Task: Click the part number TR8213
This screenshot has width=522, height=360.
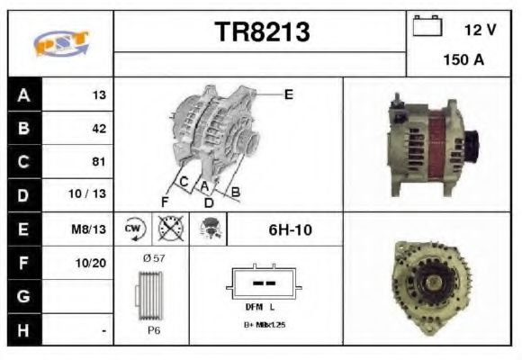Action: click(x=262, y=32)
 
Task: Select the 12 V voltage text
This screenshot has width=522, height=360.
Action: click(x=480, y=30)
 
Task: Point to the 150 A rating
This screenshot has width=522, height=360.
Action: click(x=463, y=61)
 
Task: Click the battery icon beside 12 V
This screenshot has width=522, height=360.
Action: click(x=427, y=28)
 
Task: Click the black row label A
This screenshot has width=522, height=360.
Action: click(x=23, y=94)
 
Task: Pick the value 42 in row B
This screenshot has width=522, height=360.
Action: click(x=99, y=129)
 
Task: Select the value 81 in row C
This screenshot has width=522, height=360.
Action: click(x=99, y=162)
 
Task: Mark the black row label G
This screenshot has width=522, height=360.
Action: click(x=23, y=296)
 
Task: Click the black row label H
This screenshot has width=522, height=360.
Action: click(x=23, y=329)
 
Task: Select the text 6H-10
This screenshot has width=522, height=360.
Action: click(x=291, y=229)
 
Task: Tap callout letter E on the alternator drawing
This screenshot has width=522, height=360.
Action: click(x=289, y=94)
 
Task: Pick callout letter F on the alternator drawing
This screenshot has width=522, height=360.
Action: click(x=166, y=200)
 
